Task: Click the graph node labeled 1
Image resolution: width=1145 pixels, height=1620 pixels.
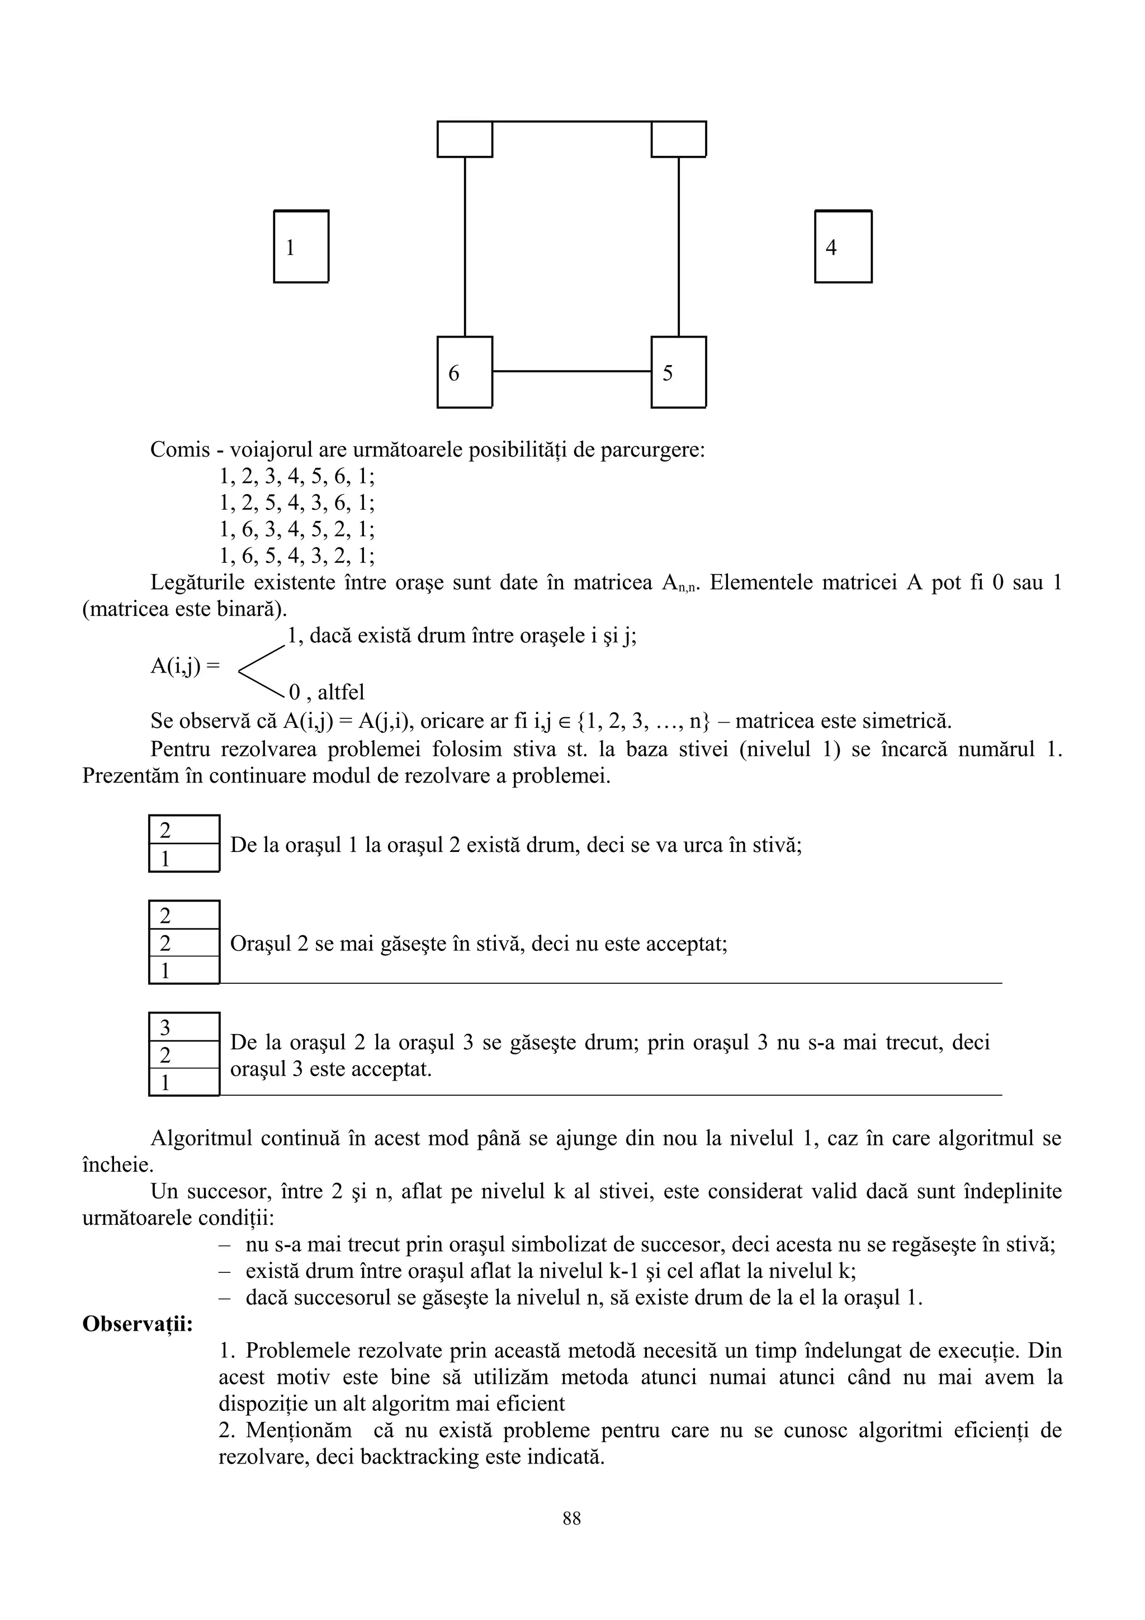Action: (x=301, y=247)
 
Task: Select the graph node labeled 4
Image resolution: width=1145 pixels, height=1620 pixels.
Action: (x=843, y=247)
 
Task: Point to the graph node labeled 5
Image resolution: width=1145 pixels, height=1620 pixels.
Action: (x=678, y=372)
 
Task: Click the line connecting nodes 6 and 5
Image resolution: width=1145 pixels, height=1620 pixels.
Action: (x=571, y=371)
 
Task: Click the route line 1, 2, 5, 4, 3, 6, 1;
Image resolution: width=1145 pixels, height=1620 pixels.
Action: (x=297, y=503)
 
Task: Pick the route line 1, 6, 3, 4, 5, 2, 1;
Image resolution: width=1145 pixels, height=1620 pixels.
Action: (x=297, y=529)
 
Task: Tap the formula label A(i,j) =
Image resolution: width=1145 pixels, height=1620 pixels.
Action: (x=185, y=665)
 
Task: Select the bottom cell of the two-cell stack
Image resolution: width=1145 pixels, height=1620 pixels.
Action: (x=184, y=859)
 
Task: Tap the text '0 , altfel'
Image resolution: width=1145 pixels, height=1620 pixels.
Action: (x=327, y=692)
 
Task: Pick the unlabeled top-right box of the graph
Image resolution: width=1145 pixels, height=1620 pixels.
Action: (x=678, y=139)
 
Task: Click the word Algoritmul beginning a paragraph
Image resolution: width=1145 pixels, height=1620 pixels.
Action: (x=201, y=1138)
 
